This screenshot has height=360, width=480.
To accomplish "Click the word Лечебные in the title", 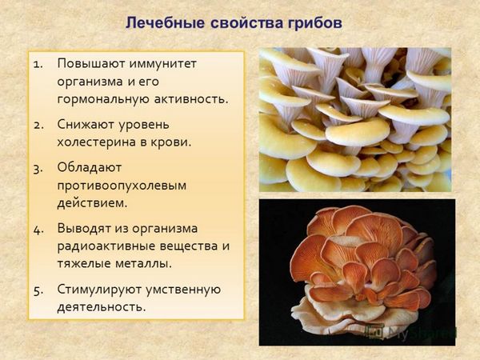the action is (166, 23).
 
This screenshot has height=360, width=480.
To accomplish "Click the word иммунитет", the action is (162, 64).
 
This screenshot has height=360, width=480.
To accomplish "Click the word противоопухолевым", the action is (122, 186).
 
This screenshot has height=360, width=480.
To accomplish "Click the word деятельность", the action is (102, 307).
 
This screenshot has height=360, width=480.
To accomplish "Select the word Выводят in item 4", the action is (84, 229).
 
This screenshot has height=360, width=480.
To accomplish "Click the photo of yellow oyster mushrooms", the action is (355, 120).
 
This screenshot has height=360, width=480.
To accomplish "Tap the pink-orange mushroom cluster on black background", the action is (362, 270).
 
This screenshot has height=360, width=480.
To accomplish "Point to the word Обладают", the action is (90, 168).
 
